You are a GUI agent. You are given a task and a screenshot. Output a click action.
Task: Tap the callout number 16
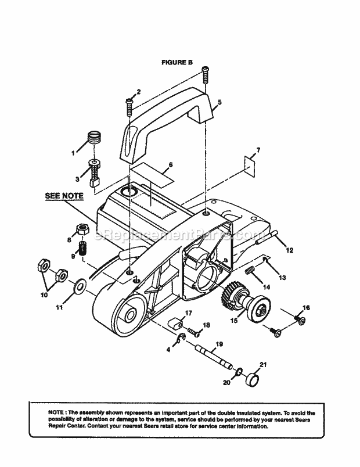(307, 307)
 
